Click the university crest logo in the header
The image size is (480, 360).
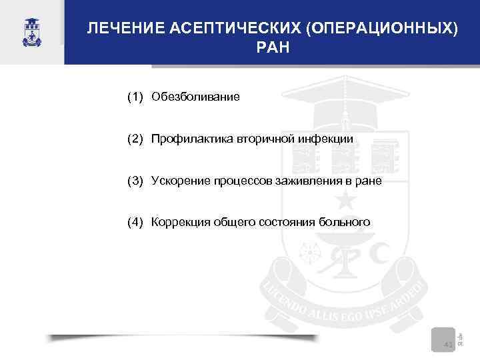point(31,31)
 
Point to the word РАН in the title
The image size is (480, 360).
point(273,49)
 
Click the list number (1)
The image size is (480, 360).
point(135,97)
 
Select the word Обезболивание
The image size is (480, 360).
point(195,97)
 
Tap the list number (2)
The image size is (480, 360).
point(135,139)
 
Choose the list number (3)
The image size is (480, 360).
point(135,180)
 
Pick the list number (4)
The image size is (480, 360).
point(135,221)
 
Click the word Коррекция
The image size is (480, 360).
point(179,221)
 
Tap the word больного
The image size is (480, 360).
point(345,221)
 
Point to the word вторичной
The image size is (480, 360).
point(263,139)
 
